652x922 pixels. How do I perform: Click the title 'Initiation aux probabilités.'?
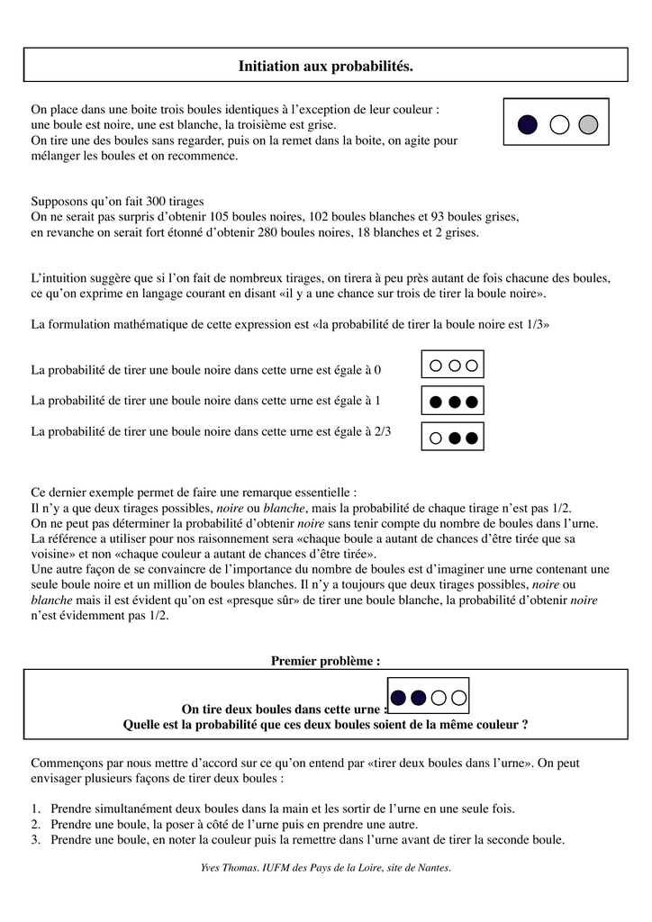tap(325, 66)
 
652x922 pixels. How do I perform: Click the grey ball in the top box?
tap(588, 124)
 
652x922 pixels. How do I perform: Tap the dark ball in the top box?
tap(528, 124)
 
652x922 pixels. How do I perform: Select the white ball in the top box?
tap(559, 124)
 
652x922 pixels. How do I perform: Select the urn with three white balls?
tap(452, 366)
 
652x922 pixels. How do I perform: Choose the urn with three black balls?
tap(452, 402)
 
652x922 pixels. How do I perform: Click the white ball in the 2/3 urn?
tap(436, 438)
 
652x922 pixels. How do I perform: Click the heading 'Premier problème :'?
tap(325, 661)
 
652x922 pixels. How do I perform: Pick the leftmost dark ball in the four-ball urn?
tap(399, 697)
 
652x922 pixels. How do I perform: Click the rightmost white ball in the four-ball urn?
tap(458, 697)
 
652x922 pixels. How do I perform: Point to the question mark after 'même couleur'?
tap(524, 725)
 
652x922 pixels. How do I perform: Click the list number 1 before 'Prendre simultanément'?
tap(35, 809)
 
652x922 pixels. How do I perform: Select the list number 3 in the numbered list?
tap(35, 840)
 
